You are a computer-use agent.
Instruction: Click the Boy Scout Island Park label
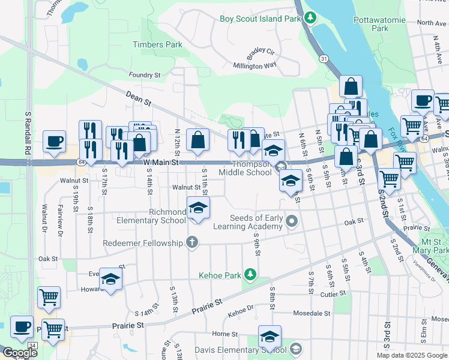(x=259, y=19)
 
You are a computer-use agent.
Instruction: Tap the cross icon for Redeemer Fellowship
(x=191, y=242)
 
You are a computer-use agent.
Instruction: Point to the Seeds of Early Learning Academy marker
(x=292, y=221)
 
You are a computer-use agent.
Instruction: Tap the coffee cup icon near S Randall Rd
(x=54, y=142)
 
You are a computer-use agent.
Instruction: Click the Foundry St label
(x=145, y=75)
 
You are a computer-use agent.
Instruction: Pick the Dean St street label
(x=138, y=98)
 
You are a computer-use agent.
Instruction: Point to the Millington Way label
(x=255, y=65)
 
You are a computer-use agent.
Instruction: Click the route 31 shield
(x=324, y=58)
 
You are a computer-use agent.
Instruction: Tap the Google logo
(x=19, y=353)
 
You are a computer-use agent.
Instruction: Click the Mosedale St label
(x=312, y=313)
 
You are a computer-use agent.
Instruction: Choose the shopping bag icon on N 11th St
(x=198, y=140)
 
